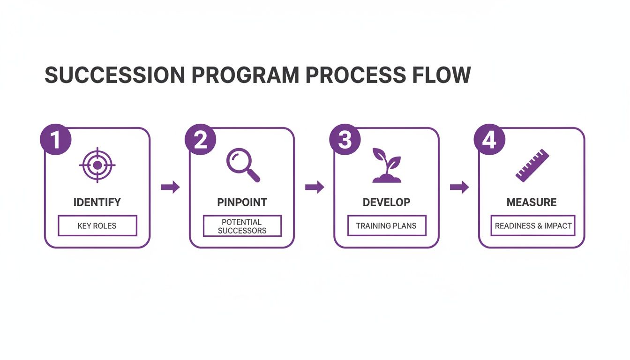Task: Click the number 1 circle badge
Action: pos(56,140)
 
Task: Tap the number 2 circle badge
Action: pos(201,140)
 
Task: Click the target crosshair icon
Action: pos(97,165)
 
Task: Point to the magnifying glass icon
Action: pos(242,165)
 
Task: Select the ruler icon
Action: pos(532,165)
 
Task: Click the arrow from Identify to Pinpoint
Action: pos(170,187)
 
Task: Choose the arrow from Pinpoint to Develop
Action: pos(315,187)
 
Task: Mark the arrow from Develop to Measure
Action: pos(459,187)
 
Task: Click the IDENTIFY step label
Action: pos(97,202)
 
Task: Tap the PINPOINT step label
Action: pos(242,202)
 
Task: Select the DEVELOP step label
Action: pos(386,202)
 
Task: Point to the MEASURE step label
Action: pos(532,202)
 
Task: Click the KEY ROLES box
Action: pos(97,225)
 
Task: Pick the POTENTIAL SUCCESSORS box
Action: pos(242,226)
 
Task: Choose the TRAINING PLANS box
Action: pos(387,225)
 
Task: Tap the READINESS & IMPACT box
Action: pos(533,225)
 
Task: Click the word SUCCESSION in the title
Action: pos(114,75)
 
